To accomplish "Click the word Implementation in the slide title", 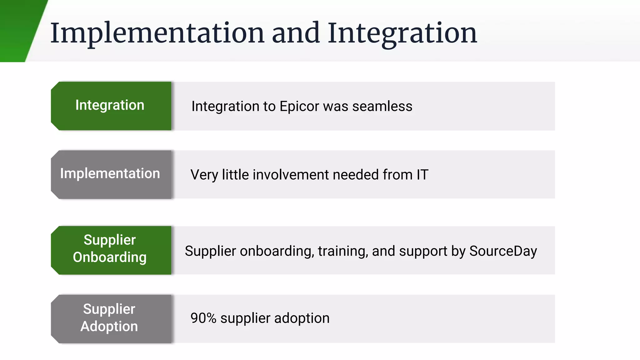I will pyautogui.click(x=157, y=33).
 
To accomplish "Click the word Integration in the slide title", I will pyautogui.click(x=402, y=33).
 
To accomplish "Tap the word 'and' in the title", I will pyautogui.click(x=296, y=33).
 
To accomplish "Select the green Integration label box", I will pyautogui.click(x=111, y=106).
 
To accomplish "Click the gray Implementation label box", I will pyautogui.click(x=111, y=174).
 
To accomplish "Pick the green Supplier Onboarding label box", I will pyautogui.click(x=111, y=250).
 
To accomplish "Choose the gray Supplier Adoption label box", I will pyautogui.click(x=111, y=319).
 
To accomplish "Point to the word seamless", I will pyautogui.click(x=382, y=107).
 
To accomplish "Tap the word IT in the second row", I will pyautogui.click(x=422, y=175).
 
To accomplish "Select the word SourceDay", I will pyautogui.click(x=503, y=251).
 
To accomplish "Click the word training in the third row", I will pyautogui.click(x=342, y=251).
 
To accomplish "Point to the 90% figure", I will pyautogui.click(x=203, y=318).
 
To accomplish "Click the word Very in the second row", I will pyautogui.click(x=204, y=175).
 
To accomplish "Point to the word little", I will pyautogui.click(x=235, y=175).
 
